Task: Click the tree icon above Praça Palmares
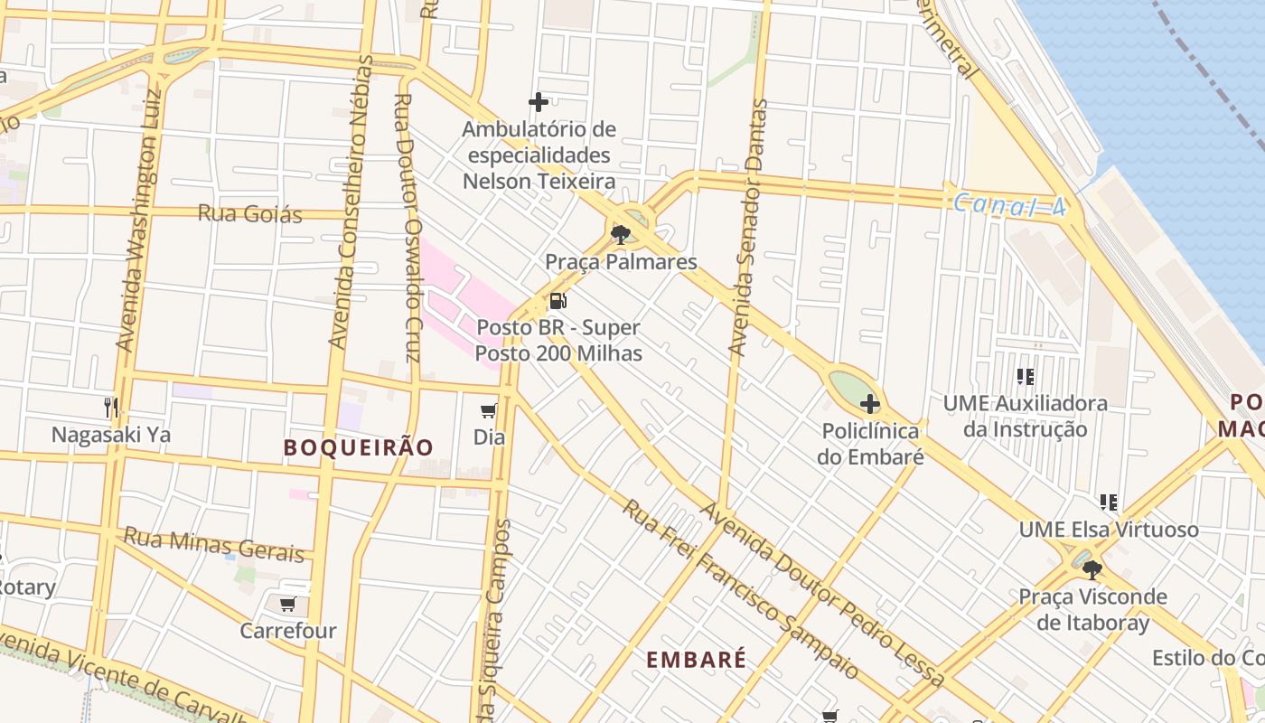pyautogui.click(x=620, y=235)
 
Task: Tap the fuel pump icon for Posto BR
pyautogui.click(x=558, y=301)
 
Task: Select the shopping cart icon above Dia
pyautogui.click(x=489, y=411)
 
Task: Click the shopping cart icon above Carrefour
pyautogui.click(x=287, y=604)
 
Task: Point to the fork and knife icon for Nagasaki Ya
pyautogui.click(x=111, y=408)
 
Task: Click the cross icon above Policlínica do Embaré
pyautogui.click(x=870, y=404)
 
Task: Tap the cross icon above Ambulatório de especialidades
pyautogui.click(x=539, y=102)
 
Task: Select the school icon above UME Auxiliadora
pyautogui.click(x=1025, y=376)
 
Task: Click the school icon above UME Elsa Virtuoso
pyautogui.click(x=1109, y=502)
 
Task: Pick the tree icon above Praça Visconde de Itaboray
pyautogui.click(x=1092, y=570)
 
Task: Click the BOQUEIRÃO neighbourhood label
pyautogui.click(x=359, y=447)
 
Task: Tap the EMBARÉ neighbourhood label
pyautogui.click(x=697, y=660)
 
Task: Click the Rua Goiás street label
pyautogui.click(x=249, y=214)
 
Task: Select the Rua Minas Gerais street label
pyautogui.click(x=213, y=544)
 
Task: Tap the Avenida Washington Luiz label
pyautogui.click(x=138, y=219)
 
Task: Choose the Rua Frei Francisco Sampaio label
pyautogui.click(x=739, y=588)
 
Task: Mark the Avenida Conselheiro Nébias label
pyautogui.click(x=351, y=202)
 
